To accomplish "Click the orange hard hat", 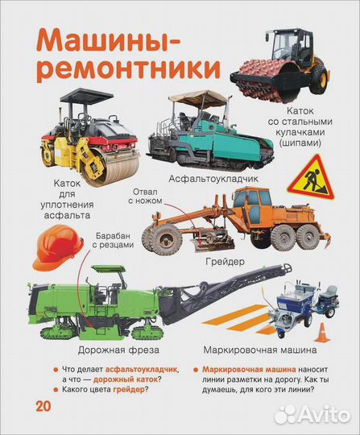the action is point(58,247).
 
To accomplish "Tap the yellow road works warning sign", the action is point(311,178).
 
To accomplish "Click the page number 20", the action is point(43,406).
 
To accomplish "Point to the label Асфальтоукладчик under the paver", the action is point(213,179).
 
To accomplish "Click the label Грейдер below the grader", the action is point(225,261).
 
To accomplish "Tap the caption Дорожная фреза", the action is point(118,350).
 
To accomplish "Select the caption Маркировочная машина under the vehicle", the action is point(260,350).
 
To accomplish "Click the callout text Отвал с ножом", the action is point(145,196).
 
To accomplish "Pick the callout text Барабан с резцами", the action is point(113,240).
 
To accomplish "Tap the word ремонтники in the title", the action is point(128,68).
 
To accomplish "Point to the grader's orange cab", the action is point(251,202).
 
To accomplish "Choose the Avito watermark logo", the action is point(313,415).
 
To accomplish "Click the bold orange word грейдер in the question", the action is point(129,390).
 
